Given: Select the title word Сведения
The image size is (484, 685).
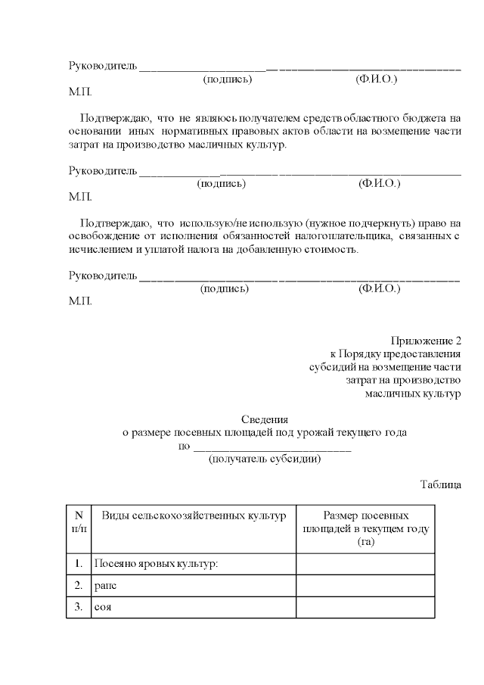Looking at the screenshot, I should click(265, 419).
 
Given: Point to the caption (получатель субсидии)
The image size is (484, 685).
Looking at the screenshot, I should click(265, 459).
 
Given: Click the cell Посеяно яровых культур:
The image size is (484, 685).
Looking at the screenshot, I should click(154, 564).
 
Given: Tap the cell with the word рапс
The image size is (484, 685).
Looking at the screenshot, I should click(106, 586).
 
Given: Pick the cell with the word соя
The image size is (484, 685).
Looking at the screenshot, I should click(103, 607).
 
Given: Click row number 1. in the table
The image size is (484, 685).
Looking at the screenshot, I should click(79, 564).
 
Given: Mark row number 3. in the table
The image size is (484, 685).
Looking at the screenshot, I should click(79, 607).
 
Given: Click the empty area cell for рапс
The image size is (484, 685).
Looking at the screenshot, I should click(365, 586).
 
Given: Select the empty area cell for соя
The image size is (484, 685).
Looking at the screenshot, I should click(365, 607).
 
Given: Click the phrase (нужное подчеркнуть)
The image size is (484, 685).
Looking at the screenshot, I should click(361, 223).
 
